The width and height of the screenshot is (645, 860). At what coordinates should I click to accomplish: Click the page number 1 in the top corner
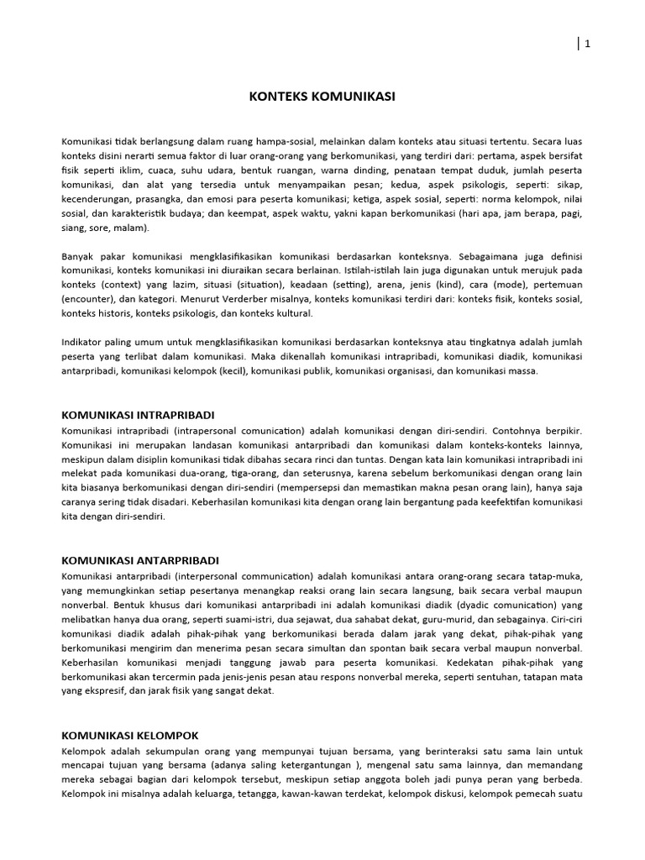(x=588, y=45)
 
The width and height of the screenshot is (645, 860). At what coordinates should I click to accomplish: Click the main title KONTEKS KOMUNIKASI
(x=322, y=97)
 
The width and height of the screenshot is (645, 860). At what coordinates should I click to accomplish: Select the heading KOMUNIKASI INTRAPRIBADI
(x=139, y=415)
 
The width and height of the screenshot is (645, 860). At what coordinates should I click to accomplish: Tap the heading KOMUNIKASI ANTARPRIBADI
(x=141, y=559)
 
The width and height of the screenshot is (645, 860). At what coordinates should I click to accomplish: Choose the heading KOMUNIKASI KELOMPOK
(x=132, y=735)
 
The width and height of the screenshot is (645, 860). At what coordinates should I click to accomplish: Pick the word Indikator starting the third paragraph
(x=85, y=342)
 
